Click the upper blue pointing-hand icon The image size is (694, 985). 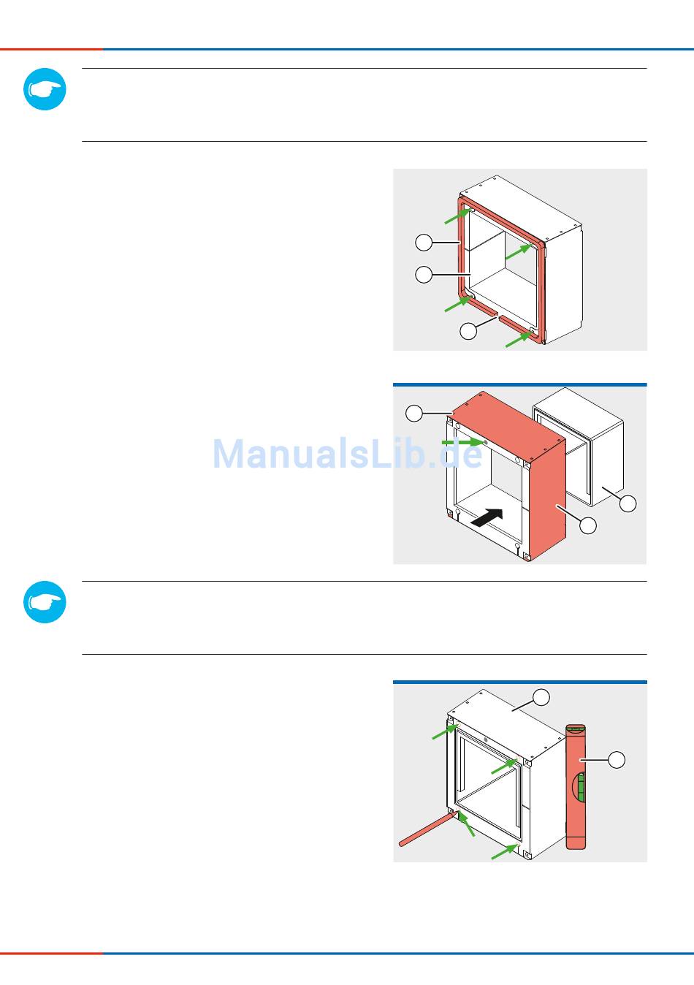coord(45,90)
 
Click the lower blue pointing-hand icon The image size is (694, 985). coord(45,602)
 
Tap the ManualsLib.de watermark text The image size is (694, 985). coord(348,454)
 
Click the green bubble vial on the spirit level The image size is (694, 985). coord(581,787)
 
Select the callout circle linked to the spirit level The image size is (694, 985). coord(617,760)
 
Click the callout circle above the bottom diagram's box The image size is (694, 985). coord(541,697)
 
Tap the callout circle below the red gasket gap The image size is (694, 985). coord(468,330)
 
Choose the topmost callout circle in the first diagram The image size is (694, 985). coord(424,242)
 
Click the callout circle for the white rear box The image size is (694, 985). coord(628,503)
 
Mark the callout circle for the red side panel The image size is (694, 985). coord(587,525)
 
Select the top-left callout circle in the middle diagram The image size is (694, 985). coord(414,414)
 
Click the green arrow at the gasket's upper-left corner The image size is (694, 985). coord(457,215)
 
